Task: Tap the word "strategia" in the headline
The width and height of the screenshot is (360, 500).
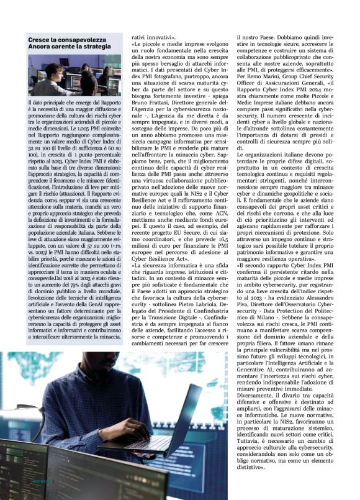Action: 94,47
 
